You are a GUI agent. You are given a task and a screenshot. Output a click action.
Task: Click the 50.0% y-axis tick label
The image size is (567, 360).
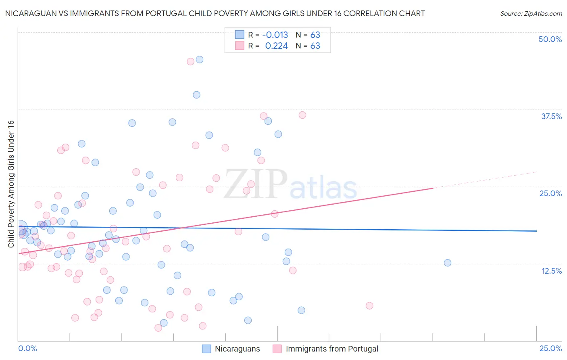550,39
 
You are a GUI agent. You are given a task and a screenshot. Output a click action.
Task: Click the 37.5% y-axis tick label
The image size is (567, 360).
551,116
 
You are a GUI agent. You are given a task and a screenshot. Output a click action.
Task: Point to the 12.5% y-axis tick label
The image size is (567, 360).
551,271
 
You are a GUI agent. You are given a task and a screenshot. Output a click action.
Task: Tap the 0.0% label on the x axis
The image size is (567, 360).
27,348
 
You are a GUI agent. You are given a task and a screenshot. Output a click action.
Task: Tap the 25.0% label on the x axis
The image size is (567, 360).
550,348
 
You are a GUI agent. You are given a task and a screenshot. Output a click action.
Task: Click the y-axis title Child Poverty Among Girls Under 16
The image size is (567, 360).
11,184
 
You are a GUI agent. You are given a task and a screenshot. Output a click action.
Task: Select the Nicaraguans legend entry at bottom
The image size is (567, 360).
237,349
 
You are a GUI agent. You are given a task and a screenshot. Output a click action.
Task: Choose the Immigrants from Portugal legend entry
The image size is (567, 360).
331,349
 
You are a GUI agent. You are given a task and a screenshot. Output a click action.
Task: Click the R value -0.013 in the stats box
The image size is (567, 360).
275,35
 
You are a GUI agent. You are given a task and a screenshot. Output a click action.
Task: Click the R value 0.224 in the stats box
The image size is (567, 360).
276,46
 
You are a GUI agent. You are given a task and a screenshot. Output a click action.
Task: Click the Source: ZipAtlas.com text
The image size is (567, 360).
531,13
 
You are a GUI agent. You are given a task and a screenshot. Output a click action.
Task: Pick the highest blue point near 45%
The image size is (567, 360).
199,60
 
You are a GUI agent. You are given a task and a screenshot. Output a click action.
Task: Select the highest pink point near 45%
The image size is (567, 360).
190,62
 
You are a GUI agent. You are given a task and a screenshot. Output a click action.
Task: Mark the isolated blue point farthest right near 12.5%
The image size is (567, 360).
447,263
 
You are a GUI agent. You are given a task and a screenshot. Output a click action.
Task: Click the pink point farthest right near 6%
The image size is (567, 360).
369,306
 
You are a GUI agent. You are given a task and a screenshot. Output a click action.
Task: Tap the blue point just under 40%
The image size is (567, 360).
196,95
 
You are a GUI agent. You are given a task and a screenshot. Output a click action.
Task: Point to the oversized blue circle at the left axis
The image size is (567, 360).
20,228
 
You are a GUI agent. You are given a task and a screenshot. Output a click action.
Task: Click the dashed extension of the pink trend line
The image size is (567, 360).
484,180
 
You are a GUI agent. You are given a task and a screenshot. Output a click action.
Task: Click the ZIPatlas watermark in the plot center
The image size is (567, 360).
290,185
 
